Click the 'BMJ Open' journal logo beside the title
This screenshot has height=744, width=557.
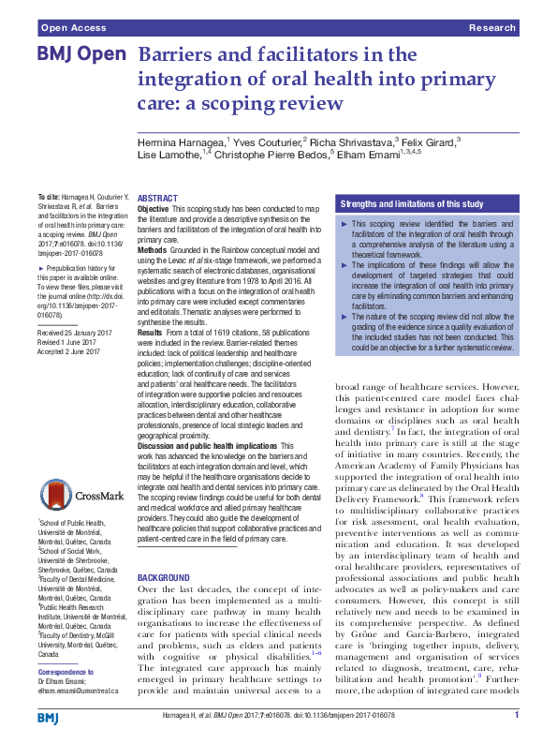click(81, 55)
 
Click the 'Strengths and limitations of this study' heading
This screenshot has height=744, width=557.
click(412, 203)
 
